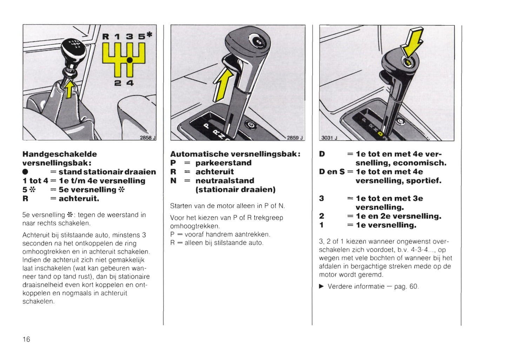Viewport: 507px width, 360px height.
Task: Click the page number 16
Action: tap(26, 339)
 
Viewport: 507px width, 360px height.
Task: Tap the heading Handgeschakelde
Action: tap(60, 154)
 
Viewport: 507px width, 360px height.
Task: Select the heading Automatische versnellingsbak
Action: tap(235, 154)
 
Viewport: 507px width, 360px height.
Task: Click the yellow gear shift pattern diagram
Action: tap(124, 60)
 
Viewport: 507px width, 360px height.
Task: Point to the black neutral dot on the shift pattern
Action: tap(129, 60)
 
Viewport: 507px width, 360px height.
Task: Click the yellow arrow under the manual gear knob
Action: tap(69, 89)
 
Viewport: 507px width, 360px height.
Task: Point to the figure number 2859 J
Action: tap(295, 138)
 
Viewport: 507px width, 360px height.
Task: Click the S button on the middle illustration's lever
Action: tap(259, 42)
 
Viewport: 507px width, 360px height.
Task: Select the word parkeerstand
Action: tap(224, 163)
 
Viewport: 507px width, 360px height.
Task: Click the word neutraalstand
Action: tap(225, 181)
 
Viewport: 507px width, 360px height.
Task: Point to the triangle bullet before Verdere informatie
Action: tap(321, 286)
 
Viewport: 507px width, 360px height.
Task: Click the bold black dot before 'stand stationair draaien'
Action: tap(25, 172)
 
